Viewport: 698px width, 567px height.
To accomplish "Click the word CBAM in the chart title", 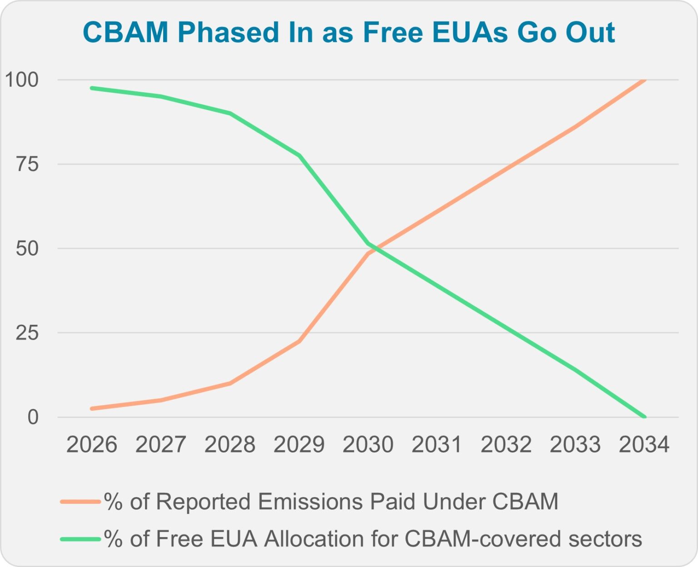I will [125, 33].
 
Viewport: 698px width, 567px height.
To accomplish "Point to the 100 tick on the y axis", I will [21, 80].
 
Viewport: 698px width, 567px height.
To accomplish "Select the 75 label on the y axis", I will [27, 164].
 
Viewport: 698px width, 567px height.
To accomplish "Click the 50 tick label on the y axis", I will [27, 249].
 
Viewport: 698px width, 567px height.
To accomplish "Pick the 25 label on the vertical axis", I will [27, 333].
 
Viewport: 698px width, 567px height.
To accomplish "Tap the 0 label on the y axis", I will [33, 417].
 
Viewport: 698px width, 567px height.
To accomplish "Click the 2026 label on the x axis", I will [92, 444].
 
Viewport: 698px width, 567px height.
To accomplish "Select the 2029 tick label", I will [299, 444].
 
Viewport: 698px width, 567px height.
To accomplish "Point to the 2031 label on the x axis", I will [437, 444].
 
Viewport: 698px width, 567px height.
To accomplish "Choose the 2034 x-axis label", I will [644, 444].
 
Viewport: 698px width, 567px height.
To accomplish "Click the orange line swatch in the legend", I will [80, 502].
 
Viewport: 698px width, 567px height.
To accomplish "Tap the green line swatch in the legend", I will [80, 539].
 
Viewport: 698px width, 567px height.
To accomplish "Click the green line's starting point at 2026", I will [92, 88].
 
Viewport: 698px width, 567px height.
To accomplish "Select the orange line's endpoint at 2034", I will [644, 80].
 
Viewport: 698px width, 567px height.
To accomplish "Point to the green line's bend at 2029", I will [299, 156].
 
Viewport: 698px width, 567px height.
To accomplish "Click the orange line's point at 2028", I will [230, 383].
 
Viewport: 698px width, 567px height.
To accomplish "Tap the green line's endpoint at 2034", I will [644, 417].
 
